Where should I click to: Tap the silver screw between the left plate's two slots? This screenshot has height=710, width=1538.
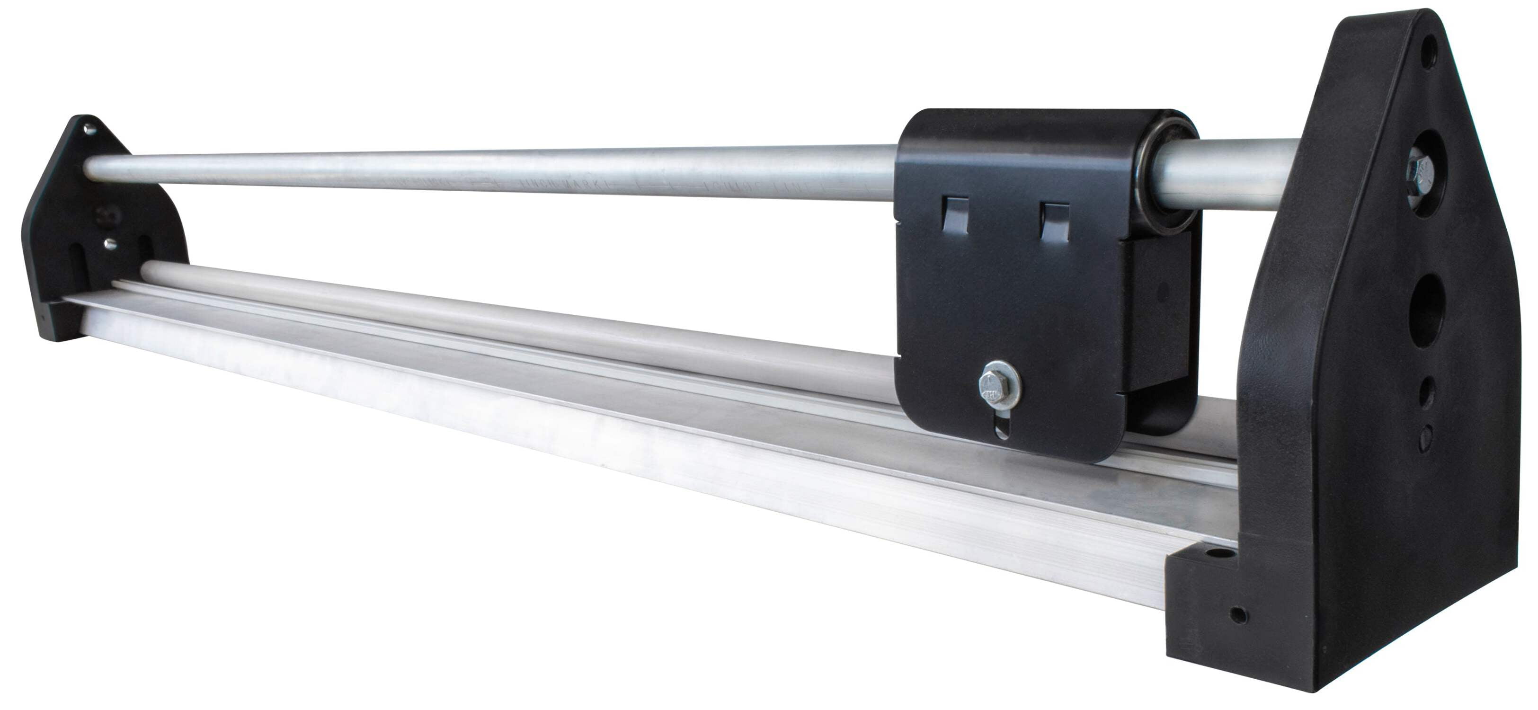[109, 243]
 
